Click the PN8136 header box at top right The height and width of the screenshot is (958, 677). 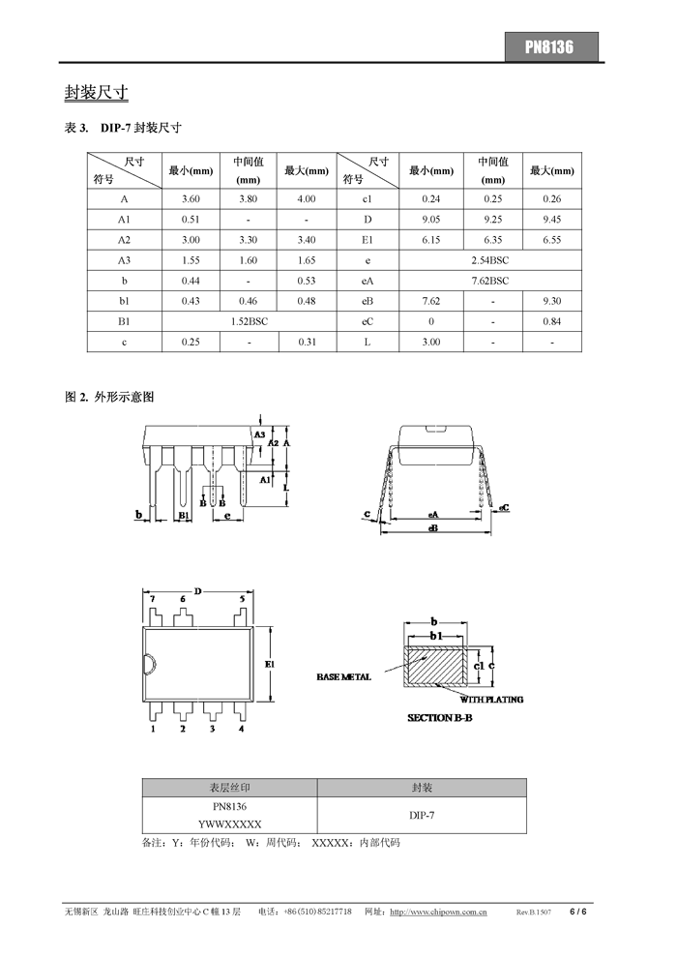click(x=550, y=47)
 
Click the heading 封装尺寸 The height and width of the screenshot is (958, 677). click(x=97, y=93)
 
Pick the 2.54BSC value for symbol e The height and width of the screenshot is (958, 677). click(x=489, y=260)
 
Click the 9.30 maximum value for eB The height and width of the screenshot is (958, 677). click(x=552, y=301)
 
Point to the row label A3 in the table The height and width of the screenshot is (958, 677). click(x=124, y=260)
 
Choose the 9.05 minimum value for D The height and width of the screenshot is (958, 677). click(x=431, y=219)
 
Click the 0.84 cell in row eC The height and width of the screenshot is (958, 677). click(x=552, y=321)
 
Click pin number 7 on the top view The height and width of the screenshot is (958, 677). click(x=152, y=600)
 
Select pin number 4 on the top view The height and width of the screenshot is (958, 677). click(x=241, y=730)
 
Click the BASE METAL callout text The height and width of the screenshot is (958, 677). click(x=343, y=677)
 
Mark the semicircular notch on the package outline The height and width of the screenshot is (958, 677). click(x=149, y=664)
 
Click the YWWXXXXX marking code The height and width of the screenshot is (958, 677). click(x=230, y=823)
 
